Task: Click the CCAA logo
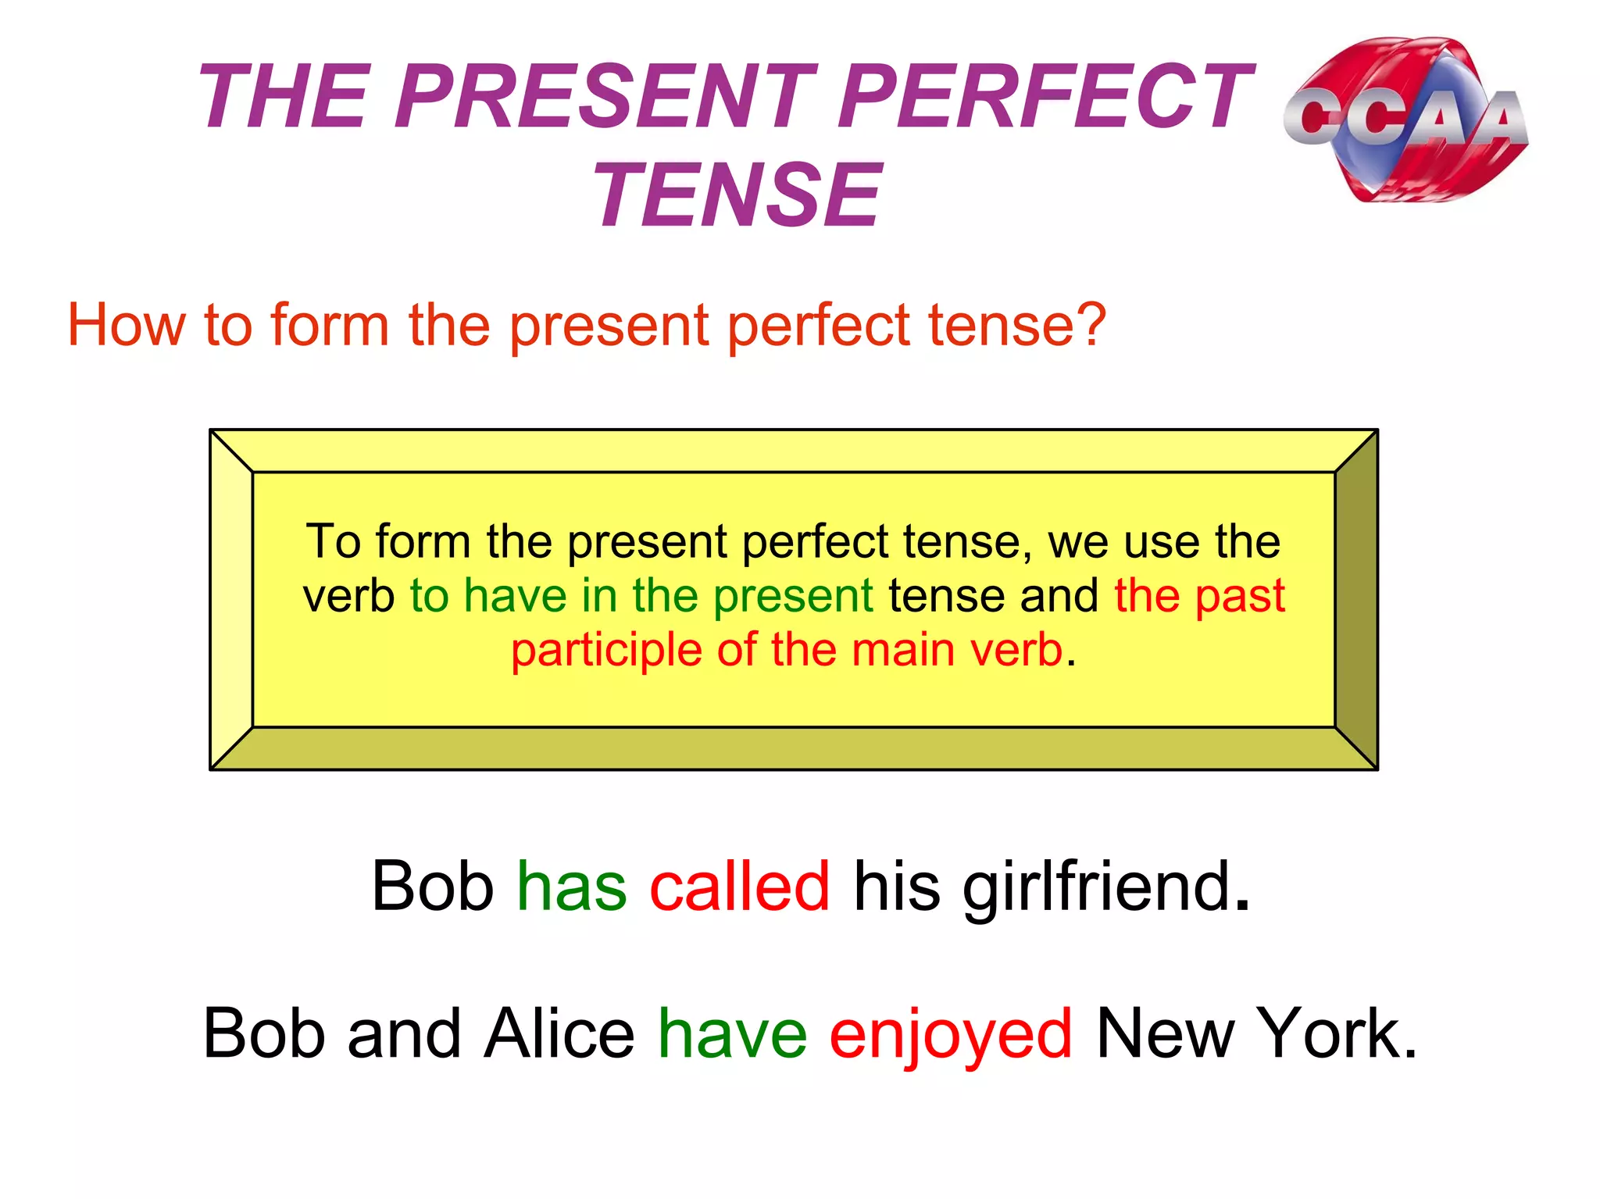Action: (1405, 120)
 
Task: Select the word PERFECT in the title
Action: (1042, 97)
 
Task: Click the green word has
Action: (571, 887)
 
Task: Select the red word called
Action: (739, 887)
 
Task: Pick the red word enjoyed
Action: (950, 1036)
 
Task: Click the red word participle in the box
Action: (606, 651)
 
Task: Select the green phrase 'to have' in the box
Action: (487, 596)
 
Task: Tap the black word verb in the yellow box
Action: (348, 596)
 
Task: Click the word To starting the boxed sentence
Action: (333, 541)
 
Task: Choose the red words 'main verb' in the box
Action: (957, 650)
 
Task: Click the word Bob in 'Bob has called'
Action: (432, 887)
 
